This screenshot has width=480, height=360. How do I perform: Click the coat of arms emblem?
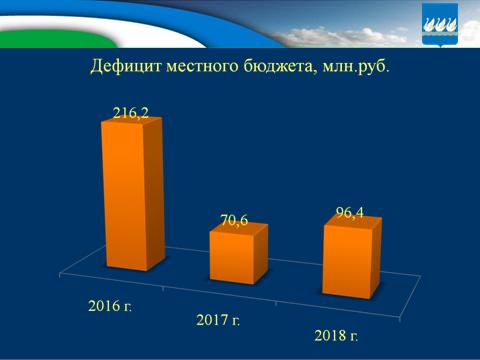[x=441, y=24]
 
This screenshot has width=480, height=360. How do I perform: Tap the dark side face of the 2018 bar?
[x=377, y=258]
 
